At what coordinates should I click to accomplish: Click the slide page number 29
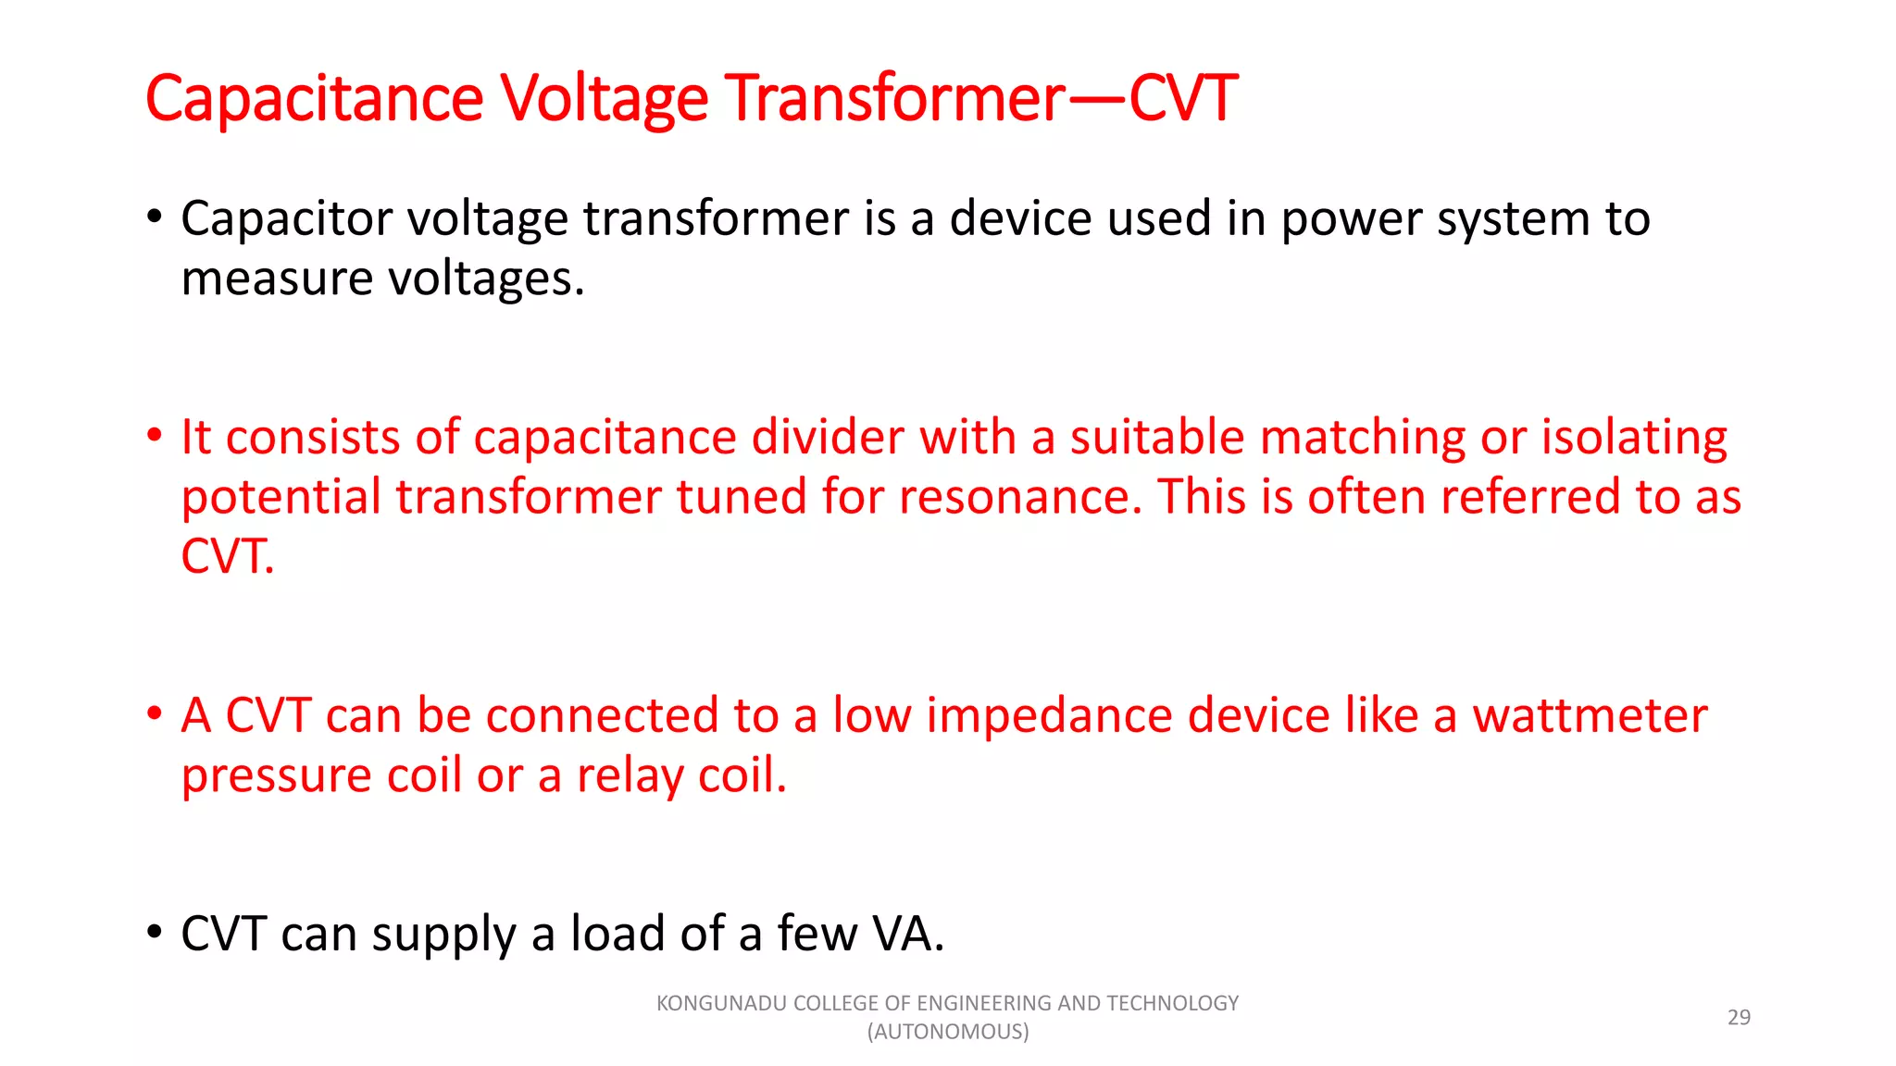[x=1739, y=1017]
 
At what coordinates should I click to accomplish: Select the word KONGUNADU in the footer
[x=722, y=1003]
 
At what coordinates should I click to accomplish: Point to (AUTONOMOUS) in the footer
[x=947, y=1032]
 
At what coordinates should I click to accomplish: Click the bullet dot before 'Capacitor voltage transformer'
[x=155, y=218]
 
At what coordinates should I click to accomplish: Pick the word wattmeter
[x=1589, y=716]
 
